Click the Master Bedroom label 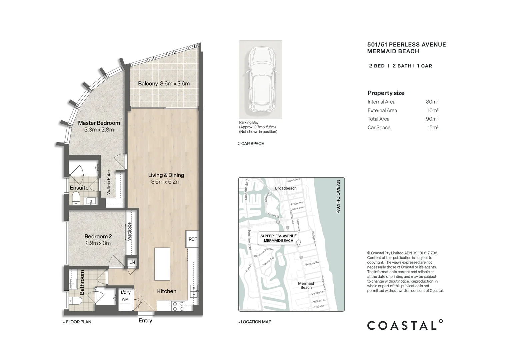99,123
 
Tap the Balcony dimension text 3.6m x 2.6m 175,84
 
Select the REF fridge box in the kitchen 192,239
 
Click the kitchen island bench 162,264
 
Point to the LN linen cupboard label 132,262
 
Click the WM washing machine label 125,299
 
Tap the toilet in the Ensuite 76,198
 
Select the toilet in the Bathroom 75,301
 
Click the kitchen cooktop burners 178,306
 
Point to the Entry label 145,321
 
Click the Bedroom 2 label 98,236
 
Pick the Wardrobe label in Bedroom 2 129,232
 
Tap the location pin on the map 299,243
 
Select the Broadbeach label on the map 286,188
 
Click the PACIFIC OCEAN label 338,197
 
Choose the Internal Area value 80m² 432,102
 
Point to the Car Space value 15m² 433,128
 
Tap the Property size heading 386,93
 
